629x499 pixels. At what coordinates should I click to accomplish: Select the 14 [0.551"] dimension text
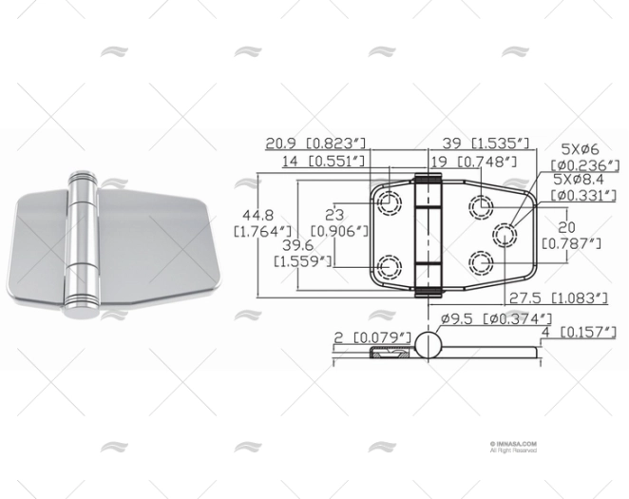click(x=323, y=163)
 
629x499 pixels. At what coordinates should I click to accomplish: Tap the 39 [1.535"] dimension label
click(x=486, y=144)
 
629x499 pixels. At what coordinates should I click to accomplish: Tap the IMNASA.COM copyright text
click(x=514, y=444)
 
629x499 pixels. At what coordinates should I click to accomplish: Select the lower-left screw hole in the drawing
click(x=388, y=263)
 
